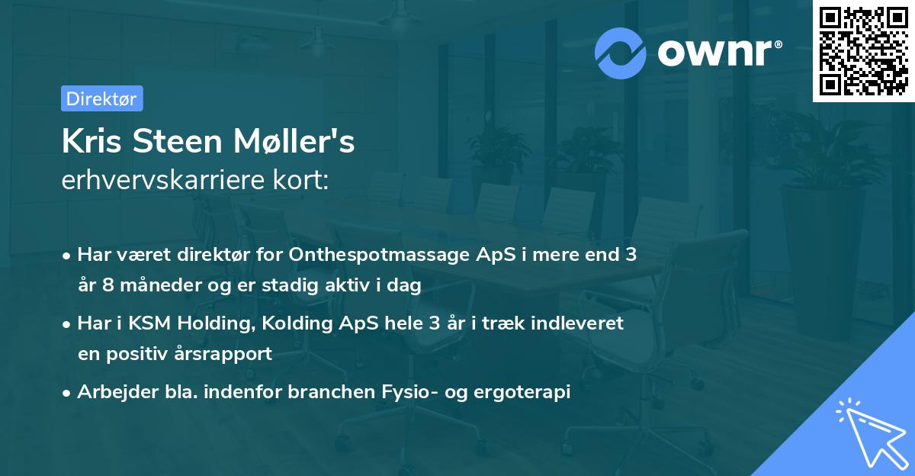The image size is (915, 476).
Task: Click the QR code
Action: point(864,51)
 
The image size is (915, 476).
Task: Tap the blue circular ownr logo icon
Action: point(620,53)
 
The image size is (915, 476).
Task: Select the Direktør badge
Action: point(101,98)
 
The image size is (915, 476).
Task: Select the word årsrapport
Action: point(226,354)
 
